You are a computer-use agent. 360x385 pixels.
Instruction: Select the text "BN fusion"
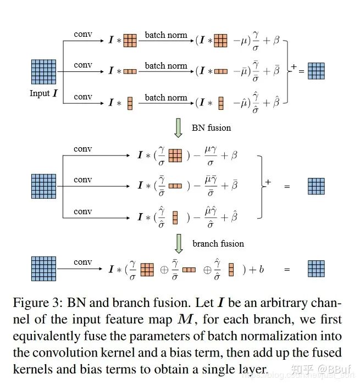tap(211, 127)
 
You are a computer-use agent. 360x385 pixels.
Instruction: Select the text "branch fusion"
tap(218, 243)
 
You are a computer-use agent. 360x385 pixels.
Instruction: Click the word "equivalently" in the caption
tap(49, 336)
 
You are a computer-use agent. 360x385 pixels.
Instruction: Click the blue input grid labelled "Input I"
tap(44, 72)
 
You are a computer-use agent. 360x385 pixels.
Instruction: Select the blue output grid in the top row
tap(316, 71)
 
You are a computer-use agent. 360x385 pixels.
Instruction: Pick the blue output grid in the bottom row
tap(316, 269)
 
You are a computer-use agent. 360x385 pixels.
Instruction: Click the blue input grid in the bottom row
tap(44, 269)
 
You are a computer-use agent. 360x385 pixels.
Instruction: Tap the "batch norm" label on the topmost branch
tap(166, 35)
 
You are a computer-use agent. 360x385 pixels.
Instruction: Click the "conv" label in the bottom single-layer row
tap(83, 262)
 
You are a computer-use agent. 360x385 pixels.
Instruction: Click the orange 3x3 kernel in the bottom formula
tap(147, 270)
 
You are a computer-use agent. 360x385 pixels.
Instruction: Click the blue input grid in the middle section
tap(44, 186)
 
